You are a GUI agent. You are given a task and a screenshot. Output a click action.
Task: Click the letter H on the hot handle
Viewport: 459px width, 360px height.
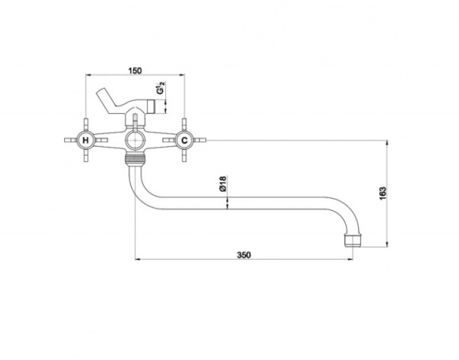click(86, 141)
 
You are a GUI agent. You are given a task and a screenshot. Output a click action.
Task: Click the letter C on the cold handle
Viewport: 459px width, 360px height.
click(184, 141)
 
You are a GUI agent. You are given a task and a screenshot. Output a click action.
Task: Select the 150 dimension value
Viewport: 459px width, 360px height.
click(135, 71)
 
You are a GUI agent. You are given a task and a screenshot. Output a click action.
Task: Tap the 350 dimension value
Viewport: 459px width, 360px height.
click(244, 255)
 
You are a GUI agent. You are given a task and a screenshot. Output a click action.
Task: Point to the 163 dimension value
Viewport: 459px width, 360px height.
click(382, 193)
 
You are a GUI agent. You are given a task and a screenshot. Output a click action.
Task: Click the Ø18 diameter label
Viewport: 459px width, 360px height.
click(223, 183)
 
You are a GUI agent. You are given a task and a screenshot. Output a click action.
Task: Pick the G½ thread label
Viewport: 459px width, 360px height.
click(161, 88)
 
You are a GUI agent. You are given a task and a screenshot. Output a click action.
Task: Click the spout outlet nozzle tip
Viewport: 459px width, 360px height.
click(353, 240)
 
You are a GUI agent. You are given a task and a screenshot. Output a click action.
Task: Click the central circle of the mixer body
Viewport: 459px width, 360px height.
click(135, 141)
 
